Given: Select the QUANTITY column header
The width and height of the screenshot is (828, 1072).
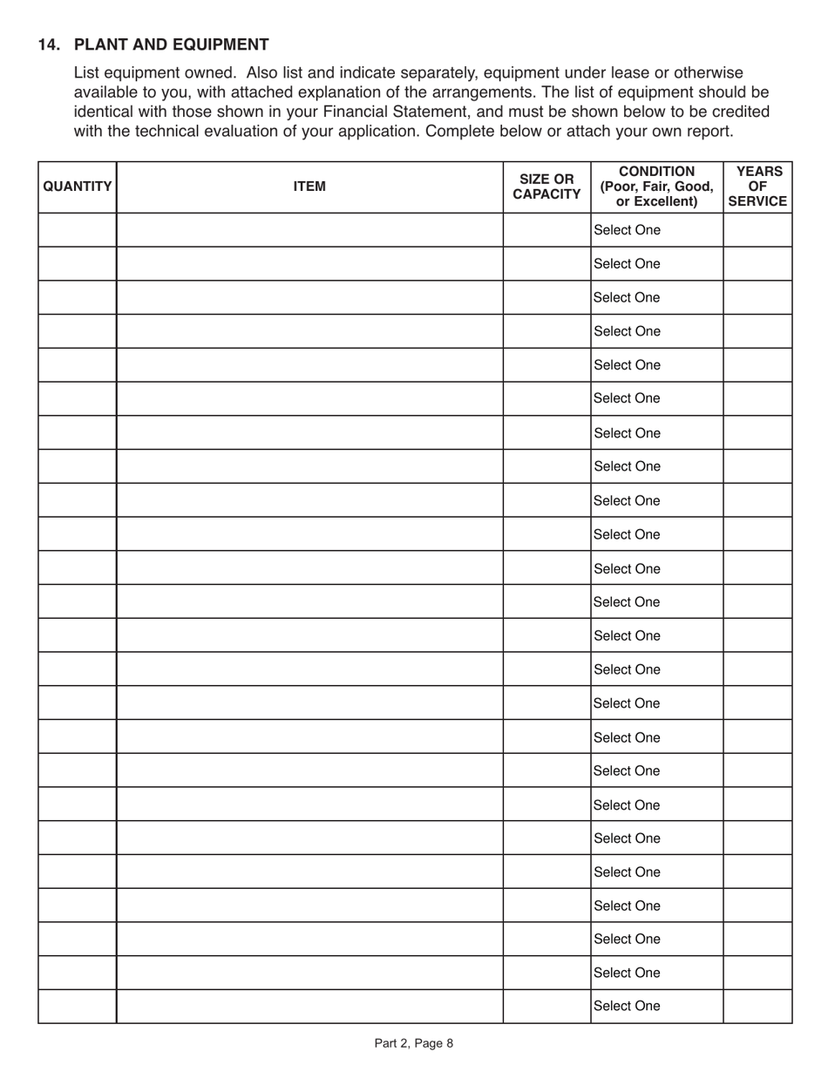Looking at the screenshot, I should coord(78,187).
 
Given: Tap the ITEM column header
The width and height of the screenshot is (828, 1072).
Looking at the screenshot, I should coord(309,187).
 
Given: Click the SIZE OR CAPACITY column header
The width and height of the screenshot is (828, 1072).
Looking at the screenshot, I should coord(546,187).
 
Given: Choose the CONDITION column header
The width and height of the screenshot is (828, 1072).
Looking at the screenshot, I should coord(656,187).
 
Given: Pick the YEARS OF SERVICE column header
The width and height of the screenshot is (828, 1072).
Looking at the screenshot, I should coord(757,187).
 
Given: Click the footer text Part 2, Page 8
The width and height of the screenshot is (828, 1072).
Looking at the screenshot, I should coord(414,1043).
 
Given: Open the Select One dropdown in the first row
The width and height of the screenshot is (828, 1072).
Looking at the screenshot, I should coord(656,230).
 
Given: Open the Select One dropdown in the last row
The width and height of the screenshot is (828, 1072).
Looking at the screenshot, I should coord(656,1006).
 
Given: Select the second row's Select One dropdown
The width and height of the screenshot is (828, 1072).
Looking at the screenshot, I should coord(656,264).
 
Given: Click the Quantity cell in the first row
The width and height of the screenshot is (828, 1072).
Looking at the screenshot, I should coord(78,230).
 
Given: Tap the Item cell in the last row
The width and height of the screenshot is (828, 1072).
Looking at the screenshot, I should coord(309,1006).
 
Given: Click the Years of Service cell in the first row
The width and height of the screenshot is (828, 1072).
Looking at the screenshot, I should coord(757,230).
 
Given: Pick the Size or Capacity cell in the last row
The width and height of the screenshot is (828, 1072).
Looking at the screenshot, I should coord(546,1006).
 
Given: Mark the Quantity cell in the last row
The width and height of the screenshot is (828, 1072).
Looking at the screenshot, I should coord(78,1006).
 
